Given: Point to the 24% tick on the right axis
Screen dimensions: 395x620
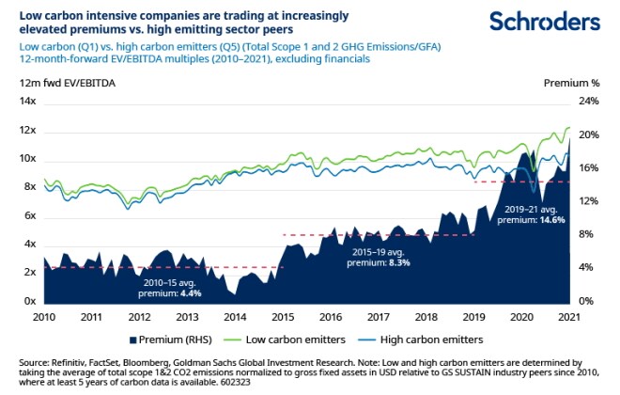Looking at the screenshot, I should click(586, 101).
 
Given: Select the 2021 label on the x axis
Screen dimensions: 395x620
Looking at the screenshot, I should click(568, 318).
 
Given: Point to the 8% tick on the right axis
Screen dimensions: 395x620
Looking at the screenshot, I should click(583, 234).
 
